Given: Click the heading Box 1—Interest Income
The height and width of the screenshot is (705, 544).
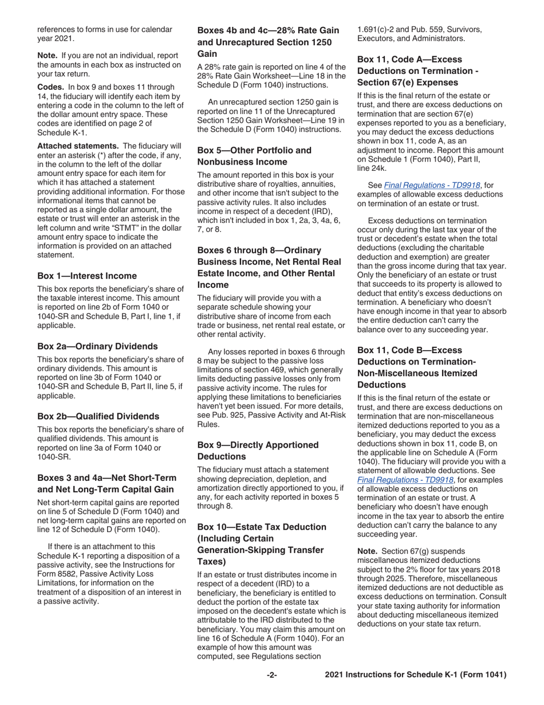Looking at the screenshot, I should [x=87, y=276].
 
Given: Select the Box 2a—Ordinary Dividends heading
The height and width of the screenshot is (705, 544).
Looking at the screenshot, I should [x=97, y=346].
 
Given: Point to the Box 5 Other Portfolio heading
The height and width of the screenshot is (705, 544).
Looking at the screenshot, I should [x=254, y=156].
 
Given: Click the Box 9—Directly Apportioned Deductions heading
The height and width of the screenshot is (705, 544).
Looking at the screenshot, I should [x=258, y=451].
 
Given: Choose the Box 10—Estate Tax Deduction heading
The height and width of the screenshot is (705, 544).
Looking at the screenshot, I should [x=262, y=544].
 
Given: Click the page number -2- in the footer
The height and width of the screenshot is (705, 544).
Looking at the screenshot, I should [x=271, y=675].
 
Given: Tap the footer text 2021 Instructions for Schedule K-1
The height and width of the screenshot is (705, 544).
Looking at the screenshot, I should [x=415, y=675].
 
